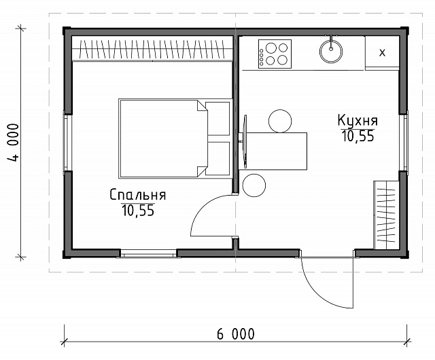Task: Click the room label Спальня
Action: click(x=138, y=195)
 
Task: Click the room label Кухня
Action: click(x=358, y=121)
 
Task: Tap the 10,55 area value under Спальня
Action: click(x=138, y=211)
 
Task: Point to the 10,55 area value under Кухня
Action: click(x=358, y=136)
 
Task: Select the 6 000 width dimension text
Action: click(x=236, y=334)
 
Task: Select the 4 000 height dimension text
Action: click(x=13, y=143)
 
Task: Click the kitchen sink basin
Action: click(x=331, y=52)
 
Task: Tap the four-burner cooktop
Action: click(x=275, y=54)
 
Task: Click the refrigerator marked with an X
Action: click(x=382, y=52)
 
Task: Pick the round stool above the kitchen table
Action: click(x=280, y=121)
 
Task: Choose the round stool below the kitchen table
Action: click(x=254, y=185)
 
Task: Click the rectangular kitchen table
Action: click(x=273, y=151)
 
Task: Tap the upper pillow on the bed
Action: click(x=217, y=119)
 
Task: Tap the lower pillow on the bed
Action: click(x=217, y=159)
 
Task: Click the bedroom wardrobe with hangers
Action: click(x=152, y=49)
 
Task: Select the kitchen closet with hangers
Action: click(x=386, y=215)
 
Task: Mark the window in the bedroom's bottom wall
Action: click(x=149, y=253)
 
